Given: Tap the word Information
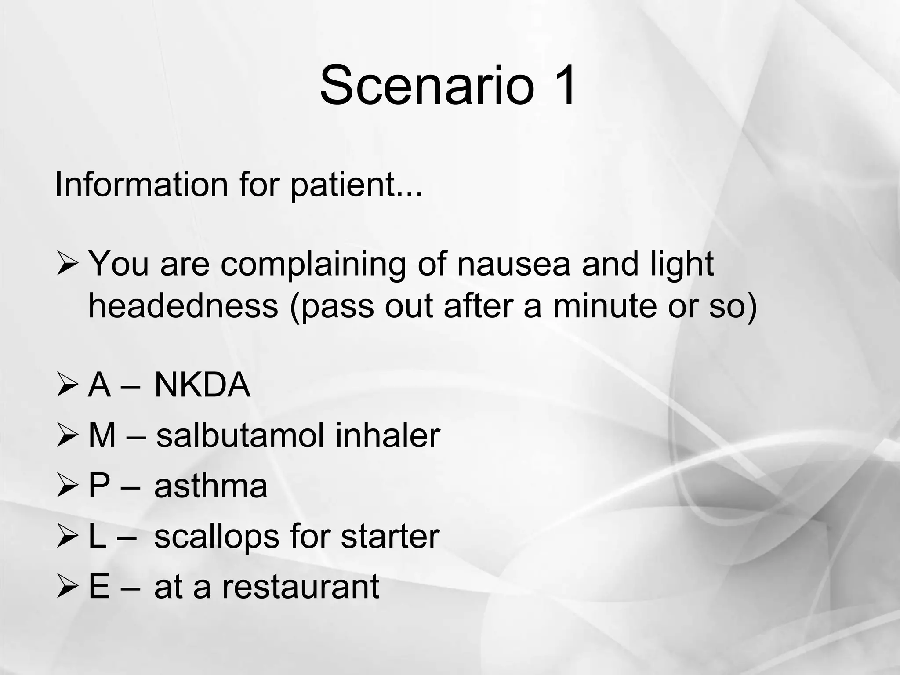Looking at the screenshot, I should pos(141,185).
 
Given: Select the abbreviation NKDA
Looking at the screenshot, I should pos(202,385).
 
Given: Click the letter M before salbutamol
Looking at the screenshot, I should pos(102,435).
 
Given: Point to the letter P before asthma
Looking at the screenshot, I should pos(99,486).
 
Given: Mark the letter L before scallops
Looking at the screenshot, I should pos(97,536).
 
